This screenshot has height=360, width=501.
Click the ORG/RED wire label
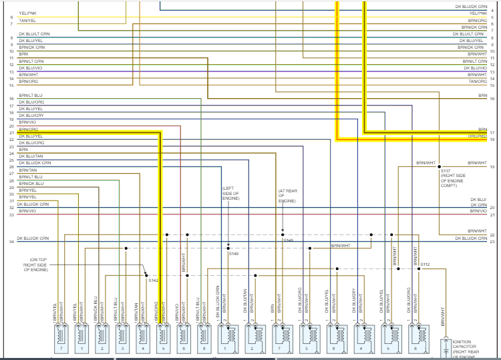tap(477, 136)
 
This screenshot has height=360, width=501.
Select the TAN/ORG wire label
tap(477, 81)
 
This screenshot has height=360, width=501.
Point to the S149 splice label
tap(233, 254)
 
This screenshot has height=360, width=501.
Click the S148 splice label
tap(288, 240)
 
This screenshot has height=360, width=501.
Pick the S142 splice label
tap(154, 281)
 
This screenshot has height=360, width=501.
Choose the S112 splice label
tap(425, 264)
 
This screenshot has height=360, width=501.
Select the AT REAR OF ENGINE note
tap(287, 196)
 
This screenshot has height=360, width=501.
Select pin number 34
tap(11, 241)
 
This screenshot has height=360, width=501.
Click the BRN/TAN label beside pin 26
tap(27, 170)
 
